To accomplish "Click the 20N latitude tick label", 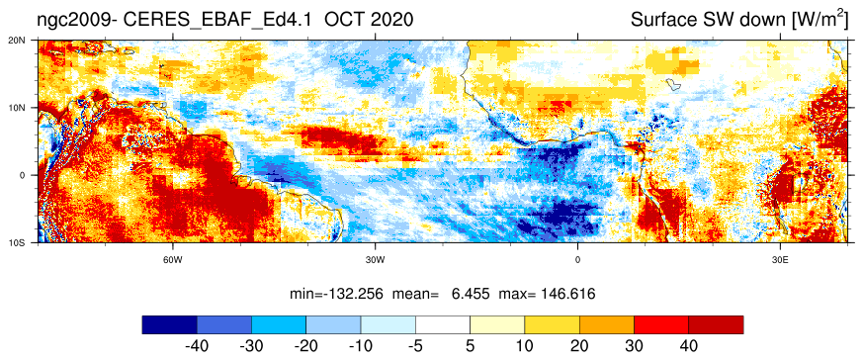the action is (x=28, y=40).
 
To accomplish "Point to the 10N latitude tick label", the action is (x=28, y=108).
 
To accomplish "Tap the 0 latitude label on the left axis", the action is (x=32, y=175).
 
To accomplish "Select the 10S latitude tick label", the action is (x=28, y=242).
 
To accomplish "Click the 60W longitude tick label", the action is (x=173, y=259).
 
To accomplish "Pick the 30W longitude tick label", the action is (x=376, y=259).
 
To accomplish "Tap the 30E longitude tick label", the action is (x=780, y=259).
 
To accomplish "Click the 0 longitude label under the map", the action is (x=578, y=259).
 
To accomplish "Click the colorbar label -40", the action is (x=197, y=346).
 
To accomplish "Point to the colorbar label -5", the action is (x=415, y=346).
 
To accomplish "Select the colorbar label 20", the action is (x=579, y=346).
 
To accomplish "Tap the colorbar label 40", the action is (x=689, y=346).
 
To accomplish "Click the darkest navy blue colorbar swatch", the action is (x=169, y=324).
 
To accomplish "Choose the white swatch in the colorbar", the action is (x=443, y=324).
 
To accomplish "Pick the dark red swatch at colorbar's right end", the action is (x=716, y=324).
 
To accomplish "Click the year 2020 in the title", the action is (x=391, y=20).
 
